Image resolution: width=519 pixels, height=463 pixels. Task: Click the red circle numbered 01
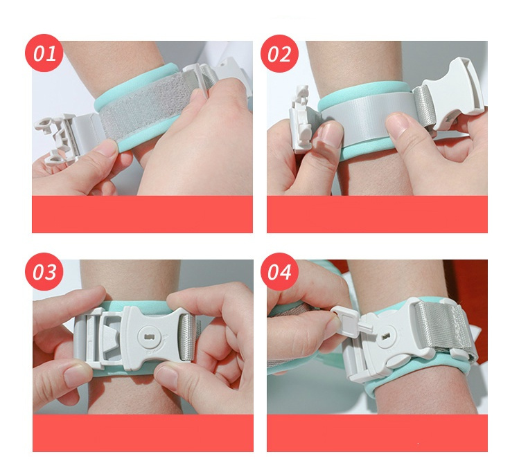point(44,53)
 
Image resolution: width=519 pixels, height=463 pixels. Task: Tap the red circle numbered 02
point(279,53)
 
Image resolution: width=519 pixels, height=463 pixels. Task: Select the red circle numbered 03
point(44,272)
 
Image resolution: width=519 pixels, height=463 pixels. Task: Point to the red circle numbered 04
point(279,272)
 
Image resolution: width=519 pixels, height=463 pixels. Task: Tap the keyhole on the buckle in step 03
point(148,337)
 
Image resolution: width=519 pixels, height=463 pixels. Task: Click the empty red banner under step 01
point(142,214)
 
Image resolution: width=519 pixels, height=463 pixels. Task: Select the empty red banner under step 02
point(377,214)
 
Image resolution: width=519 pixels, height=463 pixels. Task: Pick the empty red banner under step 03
point(143,433)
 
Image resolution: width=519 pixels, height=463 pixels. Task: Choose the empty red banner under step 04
point(377,433)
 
